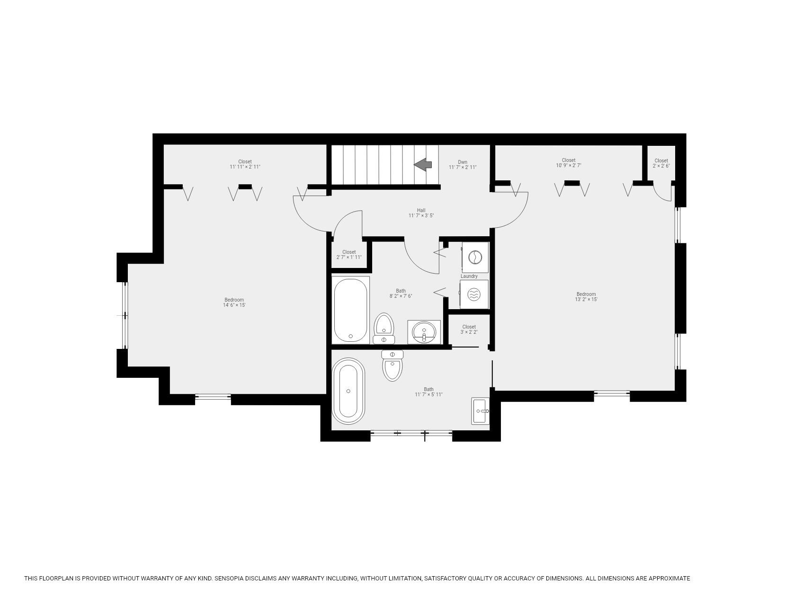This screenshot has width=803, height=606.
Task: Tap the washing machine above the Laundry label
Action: click(x=474, y=257)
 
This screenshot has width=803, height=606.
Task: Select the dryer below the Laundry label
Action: click(x=474, y=294)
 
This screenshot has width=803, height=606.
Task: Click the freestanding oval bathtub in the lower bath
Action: click(x=348, y=391)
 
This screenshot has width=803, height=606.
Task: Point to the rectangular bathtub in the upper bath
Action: click(x=351, y=310)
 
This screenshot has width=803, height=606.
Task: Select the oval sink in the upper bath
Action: click(x=424, y=332)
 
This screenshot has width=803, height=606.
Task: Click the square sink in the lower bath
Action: click(x=480, y=411)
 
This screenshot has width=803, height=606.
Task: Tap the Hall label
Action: click(x=421, y=210)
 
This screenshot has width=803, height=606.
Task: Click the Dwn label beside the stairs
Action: click(x=463, y=162)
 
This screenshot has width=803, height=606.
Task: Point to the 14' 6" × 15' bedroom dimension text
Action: click(x=234, y=305)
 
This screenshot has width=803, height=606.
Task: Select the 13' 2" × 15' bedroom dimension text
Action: click(x=586, y=300)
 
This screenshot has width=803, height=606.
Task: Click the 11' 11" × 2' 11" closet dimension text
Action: click(x=245, y=167)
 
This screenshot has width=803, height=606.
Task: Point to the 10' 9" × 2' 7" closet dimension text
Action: click(x=568, y=166)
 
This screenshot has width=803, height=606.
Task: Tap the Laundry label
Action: click(x=469, y=276)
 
